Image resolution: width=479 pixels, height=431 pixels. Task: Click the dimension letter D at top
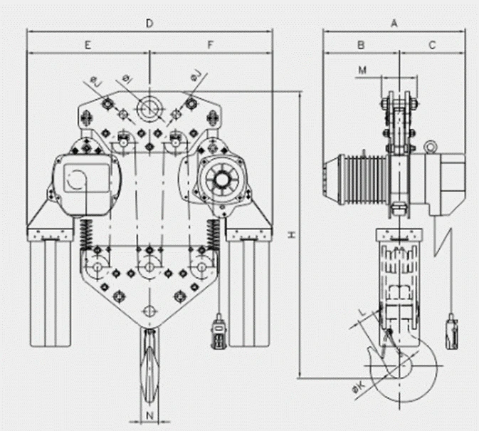point(149,24)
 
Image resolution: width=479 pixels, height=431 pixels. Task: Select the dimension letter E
point(88,44)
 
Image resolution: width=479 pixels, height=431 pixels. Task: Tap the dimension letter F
point(211,44)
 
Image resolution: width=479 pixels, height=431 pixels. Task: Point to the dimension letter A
point(394,23)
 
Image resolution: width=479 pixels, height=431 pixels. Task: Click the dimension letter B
point(361,44)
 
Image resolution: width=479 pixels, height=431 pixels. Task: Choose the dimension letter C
point(432,44)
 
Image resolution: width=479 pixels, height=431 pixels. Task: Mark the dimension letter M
point(362,70)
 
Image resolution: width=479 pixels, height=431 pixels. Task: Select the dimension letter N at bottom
point(149,415)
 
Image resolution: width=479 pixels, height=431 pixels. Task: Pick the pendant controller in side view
point(451,333)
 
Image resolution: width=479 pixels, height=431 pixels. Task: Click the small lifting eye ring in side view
point(430,147)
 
